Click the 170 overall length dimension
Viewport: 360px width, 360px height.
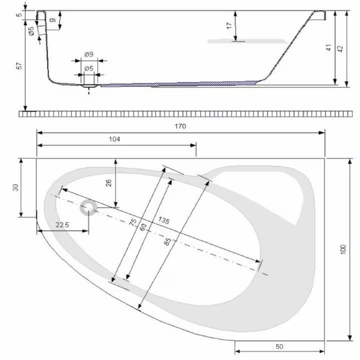coord(180,127)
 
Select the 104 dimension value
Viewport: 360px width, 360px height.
coord(114,139)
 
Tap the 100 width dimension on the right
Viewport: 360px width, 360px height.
coord(343,249)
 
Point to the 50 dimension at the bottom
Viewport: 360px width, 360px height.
coord(279,347)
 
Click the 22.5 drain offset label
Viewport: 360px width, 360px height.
coord(62,225)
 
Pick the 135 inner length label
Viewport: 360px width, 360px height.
coord(164,220)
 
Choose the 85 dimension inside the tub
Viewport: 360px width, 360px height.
coord(168,242)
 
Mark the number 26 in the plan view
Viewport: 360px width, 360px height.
coord(109,183)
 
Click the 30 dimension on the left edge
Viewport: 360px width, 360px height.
coord(15,188)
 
